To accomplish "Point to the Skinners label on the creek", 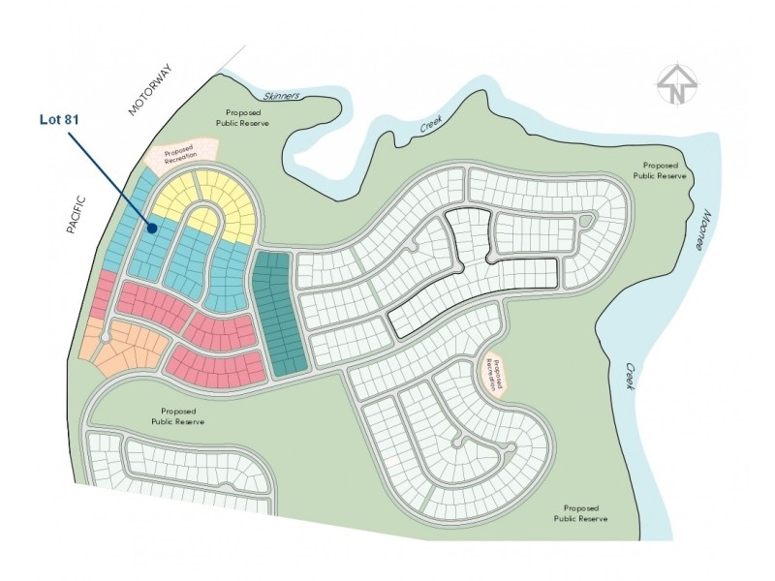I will click(282, 96).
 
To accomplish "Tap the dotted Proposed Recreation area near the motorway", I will click(180, 153).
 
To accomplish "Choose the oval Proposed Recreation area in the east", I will click(495, 372).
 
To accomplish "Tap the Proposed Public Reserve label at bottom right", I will click(580, 513).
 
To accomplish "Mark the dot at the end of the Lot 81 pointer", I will click(154, 229).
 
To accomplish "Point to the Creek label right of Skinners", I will click(430, 126).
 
